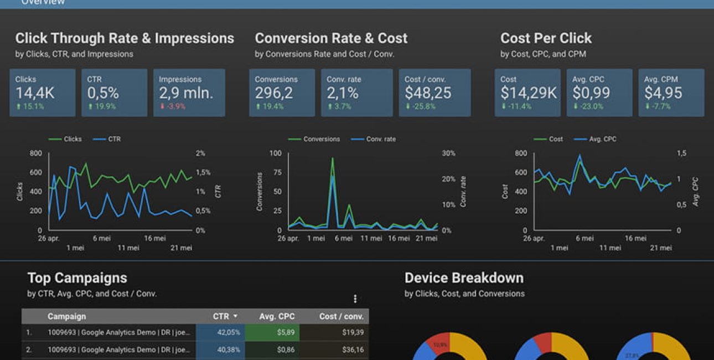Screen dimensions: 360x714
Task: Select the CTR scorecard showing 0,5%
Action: pyautogui.click(x=103, y=93)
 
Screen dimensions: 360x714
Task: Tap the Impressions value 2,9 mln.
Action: pyautogui.click(x=186, y=93)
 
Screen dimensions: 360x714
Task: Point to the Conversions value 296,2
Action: pyautogui.click(x=274, y=93)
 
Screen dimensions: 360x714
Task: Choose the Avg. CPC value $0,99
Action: pyautogui.click(x=591, y=93)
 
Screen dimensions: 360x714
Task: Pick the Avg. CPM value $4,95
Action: pyautogui.click(x=663, y=93)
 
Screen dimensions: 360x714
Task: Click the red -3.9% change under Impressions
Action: pyautogui.click(x=173, y=106)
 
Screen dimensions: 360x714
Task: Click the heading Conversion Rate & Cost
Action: pyautogui.click(x=331, y=38)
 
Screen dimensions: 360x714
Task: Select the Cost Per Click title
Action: pyautogui.click(x=546, y=38)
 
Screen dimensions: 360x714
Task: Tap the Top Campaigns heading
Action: pyautogui.click(x=77, y=278)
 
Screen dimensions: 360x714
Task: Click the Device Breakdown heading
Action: pyautogui.click(x=464, y=278)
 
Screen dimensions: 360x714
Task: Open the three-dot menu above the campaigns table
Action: pyautogui.click(x=355, y=299)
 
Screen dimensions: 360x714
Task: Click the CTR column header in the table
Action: pyautogui.click(x=221, y=316)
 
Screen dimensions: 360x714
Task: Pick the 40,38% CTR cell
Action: pyautogui.click(x=229, y=350)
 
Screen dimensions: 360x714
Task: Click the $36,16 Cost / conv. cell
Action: pyautogui.click(x=353, y=350)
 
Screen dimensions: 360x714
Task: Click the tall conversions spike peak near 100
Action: pyautogui.click(x=332, y=159)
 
